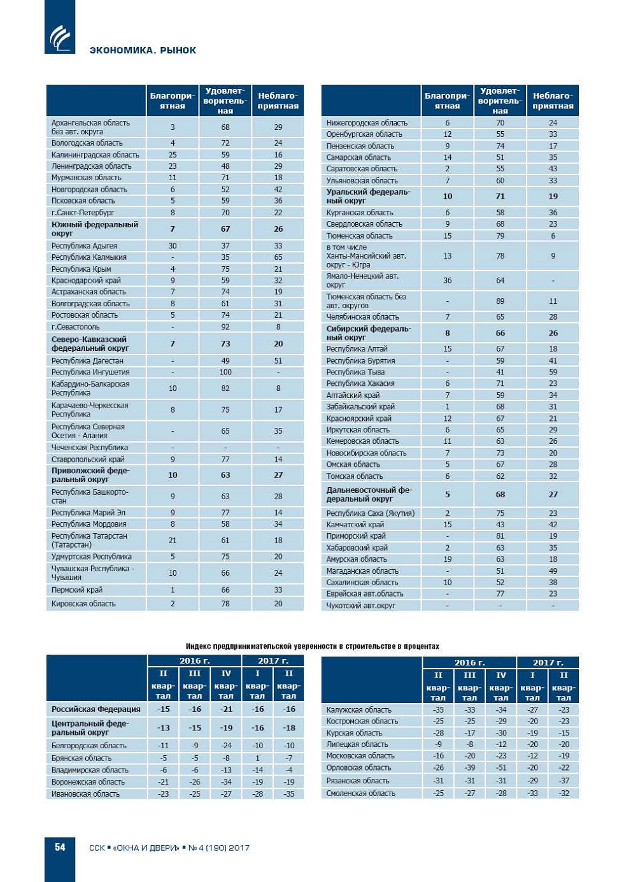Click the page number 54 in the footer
60,847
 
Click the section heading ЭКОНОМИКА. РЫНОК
143,50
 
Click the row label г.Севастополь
75,327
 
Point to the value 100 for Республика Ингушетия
225,372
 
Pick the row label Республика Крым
81,269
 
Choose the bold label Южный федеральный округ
94,229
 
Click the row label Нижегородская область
367,123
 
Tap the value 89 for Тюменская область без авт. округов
500,301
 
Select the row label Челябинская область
362,317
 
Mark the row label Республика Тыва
355,372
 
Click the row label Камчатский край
355,525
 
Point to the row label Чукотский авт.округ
360,606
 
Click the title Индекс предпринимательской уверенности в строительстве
312,646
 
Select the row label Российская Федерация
96,709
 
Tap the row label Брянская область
81,758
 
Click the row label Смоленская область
360,793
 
